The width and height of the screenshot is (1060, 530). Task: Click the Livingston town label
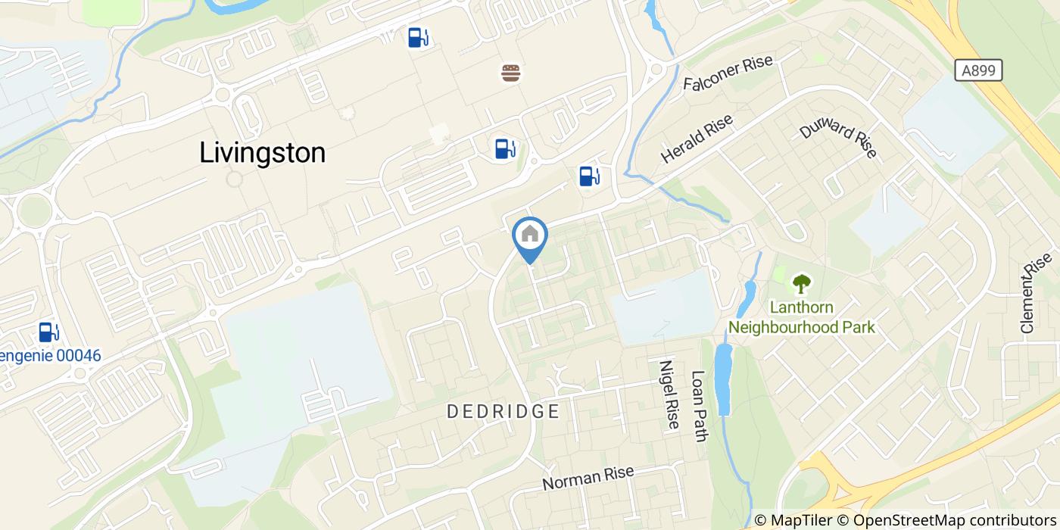coord(262,153)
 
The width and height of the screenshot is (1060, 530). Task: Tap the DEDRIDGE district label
coord(503,412)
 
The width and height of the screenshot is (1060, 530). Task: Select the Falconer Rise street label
coord(728,73)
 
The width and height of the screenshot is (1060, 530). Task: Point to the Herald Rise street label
coord(697,139)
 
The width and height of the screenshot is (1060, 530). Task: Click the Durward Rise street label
coord(838,138)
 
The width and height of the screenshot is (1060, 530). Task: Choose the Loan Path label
coord(700,406)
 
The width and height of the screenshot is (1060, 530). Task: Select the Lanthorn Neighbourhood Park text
coord(801,318)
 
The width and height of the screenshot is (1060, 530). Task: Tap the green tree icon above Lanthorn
coord(800,285)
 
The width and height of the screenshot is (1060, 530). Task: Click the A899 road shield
coord(977,71)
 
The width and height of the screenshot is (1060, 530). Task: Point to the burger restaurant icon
coord(511,73)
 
